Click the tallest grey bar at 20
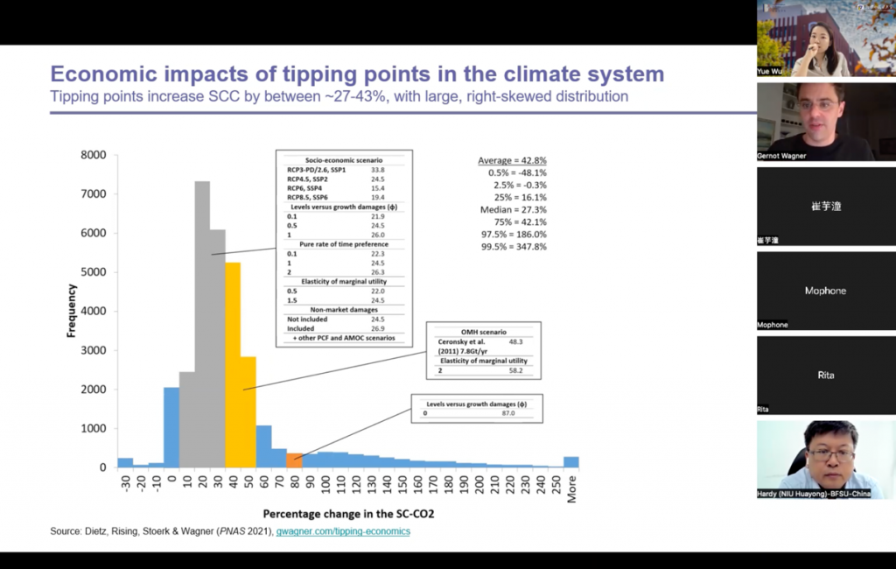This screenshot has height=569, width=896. coord(202,324)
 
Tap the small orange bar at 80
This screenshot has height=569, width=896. coord(295,460)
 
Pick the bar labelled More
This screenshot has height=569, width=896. coord(571,462)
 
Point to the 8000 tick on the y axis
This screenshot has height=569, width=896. coord(94,156)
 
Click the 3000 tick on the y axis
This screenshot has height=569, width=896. coord(94,350)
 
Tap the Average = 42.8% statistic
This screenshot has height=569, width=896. coord(512,161)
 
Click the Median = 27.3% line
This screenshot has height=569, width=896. coord(514,210)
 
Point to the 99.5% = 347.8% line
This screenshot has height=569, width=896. coord(514,248)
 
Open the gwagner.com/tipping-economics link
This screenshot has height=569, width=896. coord(343,531)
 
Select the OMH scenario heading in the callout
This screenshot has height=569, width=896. coord(483,332)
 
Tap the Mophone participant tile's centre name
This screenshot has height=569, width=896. coord(825,291)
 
